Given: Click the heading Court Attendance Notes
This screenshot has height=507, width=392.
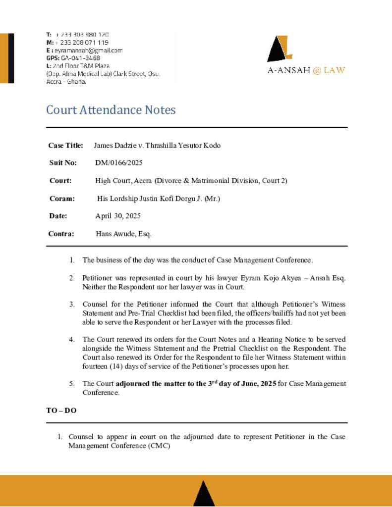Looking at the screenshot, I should (x=111, y=110).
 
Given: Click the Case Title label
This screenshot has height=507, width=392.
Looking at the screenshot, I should (x=65, y=146).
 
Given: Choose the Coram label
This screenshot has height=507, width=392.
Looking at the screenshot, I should (x=62, y=199).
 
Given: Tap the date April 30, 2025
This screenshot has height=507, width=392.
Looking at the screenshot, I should (x=118, y=216).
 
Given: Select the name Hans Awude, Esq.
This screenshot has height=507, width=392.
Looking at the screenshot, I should (x=123, y=234).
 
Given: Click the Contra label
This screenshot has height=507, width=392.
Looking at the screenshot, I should (x=61, y=234).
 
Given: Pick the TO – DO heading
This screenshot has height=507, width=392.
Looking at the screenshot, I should (x=61, y=410).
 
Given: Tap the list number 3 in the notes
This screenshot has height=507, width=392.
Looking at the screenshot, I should (x=72, y=304).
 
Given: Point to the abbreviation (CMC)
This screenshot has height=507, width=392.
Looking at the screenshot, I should (x=159, y=446).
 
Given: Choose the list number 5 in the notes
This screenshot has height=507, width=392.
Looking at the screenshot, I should (x=72, y=384).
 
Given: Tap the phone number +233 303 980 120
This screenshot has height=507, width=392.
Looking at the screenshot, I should (x=82, y=35).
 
